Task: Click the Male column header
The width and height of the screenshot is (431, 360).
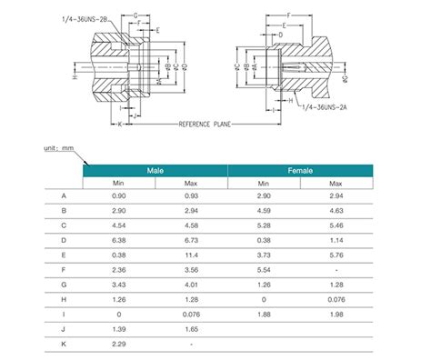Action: tap(155, 170)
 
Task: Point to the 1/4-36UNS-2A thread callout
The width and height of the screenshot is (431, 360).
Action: tap(319, 108)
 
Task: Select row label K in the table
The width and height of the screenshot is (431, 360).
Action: tap(64, 345)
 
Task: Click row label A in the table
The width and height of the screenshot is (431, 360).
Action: tap(64, 196)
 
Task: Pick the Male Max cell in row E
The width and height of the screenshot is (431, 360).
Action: tap(191, 255)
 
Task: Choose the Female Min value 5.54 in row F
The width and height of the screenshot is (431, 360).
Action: tap(263, 270)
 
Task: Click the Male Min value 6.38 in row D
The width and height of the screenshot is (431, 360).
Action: tap(119, 241)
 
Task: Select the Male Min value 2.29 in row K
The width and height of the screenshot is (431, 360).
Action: tap(119, 345)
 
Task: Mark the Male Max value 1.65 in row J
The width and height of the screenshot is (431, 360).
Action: tap(191, 329)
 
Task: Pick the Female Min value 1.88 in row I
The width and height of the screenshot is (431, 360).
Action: tap(263, 315)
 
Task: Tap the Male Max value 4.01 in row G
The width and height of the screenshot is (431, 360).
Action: tap(191, 285)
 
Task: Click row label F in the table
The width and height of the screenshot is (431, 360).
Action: tap(64, 270)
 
